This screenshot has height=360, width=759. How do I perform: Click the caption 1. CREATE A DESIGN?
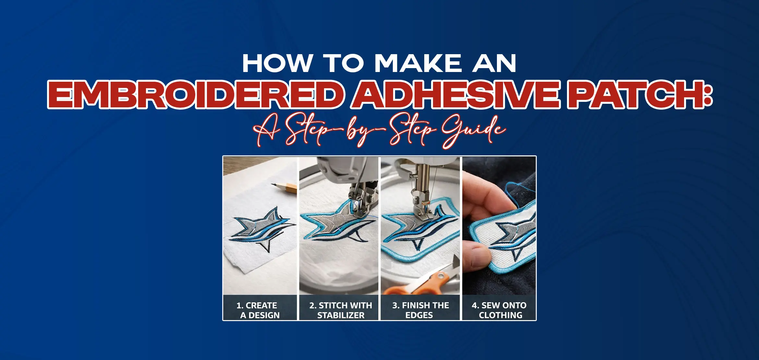tap(259, 310)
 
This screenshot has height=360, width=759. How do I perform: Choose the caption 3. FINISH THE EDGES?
tap(420, 310)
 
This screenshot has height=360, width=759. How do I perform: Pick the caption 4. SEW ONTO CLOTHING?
tap(500, 310)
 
